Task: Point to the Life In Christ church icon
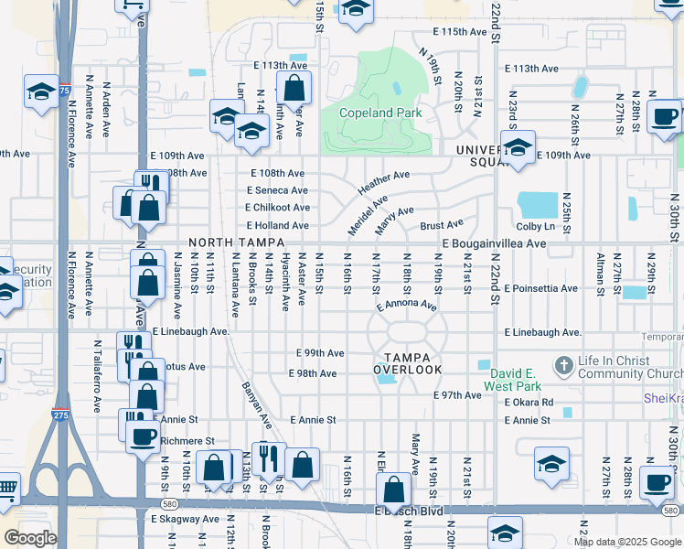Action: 564,366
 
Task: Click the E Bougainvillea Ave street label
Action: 494,244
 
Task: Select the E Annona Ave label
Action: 406,304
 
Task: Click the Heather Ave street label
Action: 383,180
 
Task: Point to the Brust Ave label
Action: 442,224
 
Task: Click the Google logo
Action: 30,538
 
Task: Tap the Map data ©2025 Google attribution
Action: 626,542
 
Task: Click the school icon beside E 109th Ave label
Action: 518,148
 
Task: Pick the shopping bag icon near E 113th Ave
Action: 294,90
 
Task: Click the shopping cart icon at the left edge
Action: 6,489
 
